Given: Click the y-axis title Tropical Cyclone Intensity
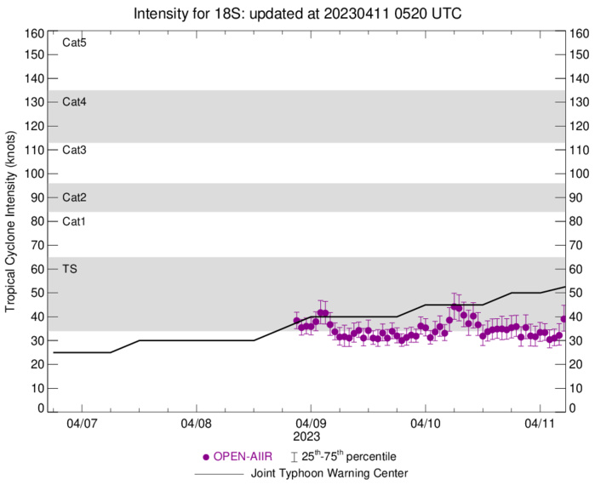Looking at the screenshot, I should click(11, 220).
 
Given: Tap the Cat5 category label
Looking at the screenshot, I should click(75, 42).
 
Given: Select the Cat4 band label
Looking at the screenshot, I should click(75, 102).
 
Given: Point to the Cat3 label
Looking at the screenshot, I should click(75, 150).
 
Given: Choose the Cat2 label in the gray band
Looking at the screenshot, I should click(75, 197).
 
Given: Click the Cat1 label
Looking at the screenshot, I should click(75, 221).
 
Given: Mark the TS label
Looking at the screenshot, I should click(71, 269).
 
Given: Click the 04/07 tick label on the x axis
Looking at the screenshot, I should click(82, 423).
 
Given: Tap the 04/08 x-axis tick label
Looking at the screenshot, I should click(196, 423).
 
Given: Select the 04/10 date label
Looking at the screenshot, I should click(425, 423).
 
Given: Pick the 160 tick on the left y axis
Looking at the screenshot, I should click(34, 34).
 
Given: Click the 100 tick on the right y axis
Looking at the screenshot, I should click(581, 174).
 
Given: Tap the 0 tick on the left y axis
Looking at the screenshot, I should click(39, 409).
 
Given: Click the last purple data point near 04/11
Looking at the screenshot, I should click(564, 319).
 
